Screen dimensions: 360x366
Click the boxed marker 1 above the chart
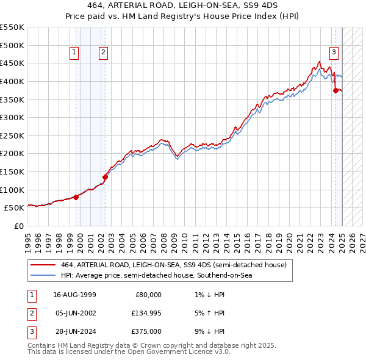(74, 53)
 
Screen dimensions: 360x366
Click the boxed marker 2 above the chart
(104, 53)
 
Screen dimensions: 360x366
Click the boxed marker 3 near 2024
(334, 53)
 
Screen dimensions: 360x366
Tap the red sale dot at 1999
(76, 196)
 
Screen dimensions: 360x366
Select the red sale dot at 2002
(105, 177)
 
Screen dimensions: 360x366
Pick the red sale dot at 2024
(335, 90)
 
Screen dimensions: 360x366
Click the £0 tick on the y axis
(18, 226)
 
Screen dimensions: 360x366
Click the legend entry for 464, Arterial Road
(173, 265)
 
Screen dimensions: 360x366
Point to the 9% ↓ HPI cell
(208, 333)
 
